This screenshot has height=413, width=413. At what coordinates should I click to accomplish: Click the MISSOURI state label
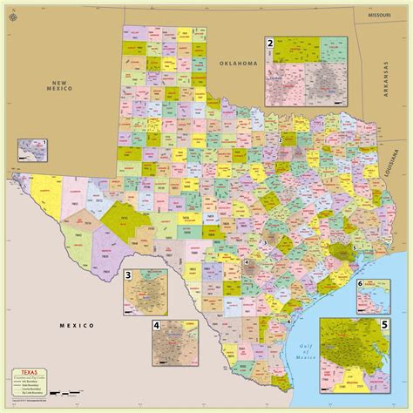(380, 16)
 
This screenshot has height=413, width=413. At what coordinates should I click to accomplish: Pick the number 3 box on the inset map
(129, 276)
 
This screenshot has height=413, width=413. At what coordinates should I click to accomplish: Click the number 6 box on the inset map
(384, 285)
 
